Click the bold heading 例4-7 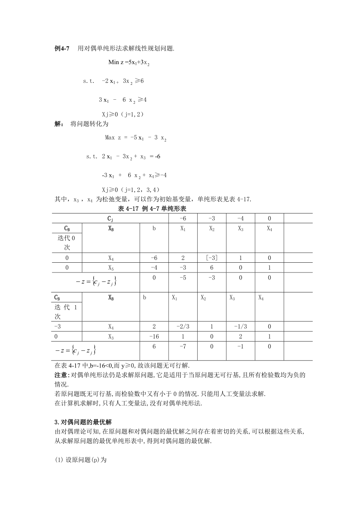pyautogui.click(x=61, y=48)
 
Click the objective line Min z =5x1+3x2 pyautogui.click(x=129, y=62)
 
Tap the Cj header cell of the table pyautogui.click(x=111, y=218)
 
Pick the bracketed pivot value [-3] pyautogui.click(x=212, y=258)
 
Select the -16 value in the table pyautogui.click(x=154, y=336)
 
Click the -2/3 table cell pyautogui.click(x=183, y=326)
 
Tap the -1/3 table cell pyautogui.click(x=241, y=326)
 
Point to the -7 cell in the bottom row pyautogui.click(x=183, y=346)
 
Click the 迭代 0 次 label pyautogui.click(x=67, y=242)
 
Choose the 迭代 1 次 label pyautogui.click(x=67, y=311)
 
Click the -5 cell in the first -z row pyautogui.click(x=183, y=278)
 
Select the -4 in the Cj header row pyautogui.click(x=241, y=218)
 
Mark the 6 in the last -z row pyautogui.click(x=154, y=346)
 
